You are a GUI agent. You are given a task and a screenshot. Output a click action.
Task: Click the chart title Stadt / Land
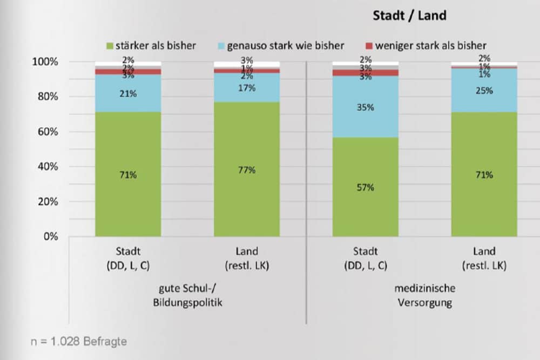(409, 16)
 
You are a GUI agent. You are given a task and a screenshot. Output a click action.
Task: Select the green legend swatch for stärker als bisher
(110, 45)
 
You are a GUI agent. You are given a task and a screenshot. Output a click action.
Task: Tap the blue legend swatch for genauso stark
(221, 45)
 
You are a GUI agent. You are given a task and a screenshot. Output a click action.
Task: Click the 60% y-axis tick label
(48, 132)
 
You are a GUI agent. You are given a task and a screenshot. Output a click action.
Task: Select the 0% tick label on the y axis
(51, 236)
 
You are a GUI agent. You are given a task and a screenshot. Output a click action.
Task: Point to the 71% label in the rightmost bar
(484, 175)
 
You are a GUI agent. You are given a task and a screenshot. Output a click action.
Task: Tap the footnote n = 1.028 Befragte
(78, 341)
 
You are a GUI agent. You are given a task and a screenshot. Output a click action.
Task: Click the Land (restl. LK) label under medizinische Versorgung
(484, 258)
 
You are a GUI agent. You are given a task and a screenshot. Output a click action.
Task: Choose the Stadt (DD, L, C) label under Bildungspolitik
(128, 258)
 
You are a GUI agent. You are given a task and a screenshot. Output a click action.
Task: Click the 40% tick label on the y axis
(48, 167)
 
